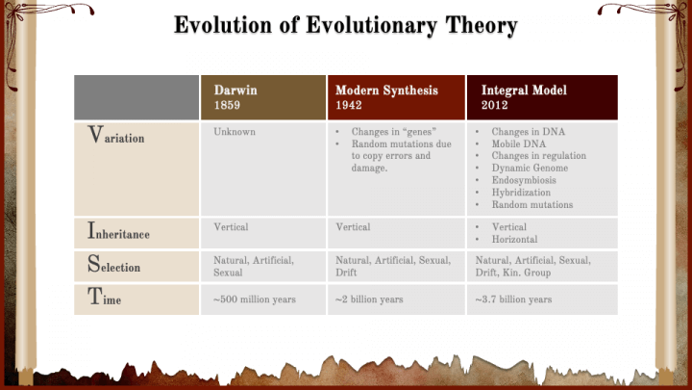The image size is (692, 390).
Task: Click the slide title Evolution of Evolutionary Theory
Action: coord(346,25)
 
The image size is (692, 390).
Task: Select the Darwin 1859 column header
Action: coord(263,97)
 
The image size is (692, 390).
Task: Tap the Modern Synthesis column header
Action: coord(396,97)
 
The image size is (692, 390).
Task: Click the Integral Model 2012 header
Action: coord(542,97)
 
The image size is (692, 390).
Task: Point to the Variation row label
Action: coord(116,135)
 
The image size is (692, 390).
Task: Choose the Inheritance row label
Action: coord(118,231)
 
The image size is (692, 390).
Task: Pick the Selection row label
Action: coord(113,264)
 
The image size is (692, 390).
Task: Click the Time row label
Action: coord(104,297)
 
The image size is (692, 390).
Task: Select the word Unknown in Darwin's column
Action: coord(235,132)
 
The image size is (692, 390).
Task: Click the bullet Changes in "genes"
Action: coord(394,132)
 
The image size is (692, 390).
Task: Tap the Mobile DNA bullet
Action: coord(519,143)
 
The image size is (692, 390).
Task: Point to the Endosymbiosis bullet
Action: coord(524,180)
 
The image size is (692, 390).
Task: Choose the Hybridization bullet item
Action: coord(521,193)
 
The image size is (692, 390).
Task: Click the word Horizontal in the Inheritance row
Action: coord(514,239)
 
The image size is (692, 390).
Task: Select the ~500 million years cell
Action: coord(255,299)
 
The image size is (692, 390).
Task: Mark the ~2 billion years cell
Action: coord(369,299)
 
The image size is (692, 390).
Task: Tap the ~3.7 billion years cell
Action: coord(513,299)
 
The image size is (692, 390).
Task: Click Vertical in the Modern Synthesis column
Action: coord(353,227)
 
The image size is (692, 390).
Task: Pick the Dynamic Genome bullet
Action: coord(530,168)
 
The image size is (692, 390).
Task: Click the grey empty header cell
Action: coord(136,97)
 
